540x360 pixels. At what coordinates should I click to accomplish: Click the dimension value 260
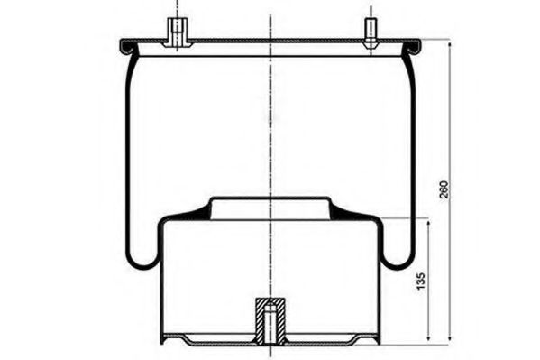[444, 189]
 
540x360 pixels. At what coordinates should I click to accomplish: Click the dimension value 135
[420, 281]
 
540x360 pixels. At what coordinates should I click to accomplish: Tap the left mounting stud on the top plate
[177, 32]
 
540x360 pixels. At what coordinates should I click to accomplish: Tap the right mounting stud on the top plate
[371, 32]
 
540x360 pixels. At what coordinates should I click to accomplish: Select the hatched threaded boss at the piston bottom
[270, 320]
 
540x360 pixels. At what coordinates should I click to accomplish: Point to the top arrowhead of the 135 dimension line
[428, 224]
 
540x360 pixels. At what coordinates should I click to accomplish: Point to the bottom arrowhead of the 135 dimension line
[428, 337]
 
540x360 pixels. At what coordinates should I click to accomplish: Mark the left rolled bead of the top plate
[126, 47]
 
